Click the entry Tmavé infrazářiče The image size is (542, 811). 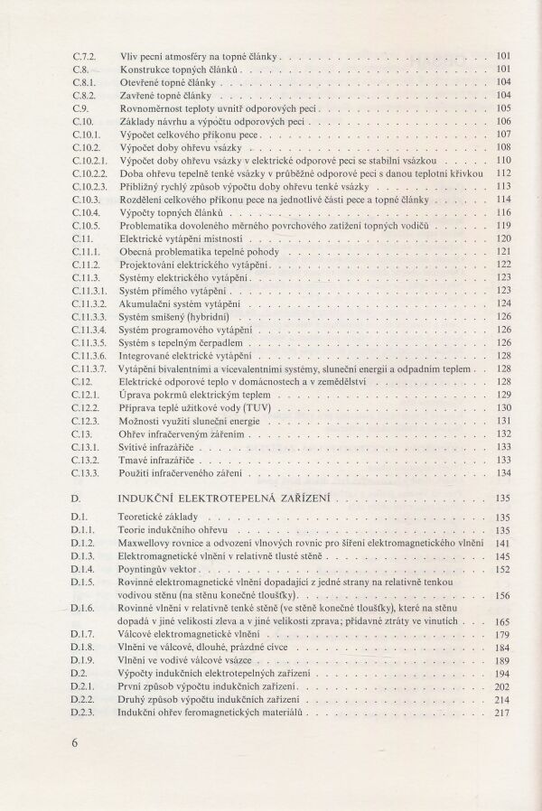(x=159, y=460)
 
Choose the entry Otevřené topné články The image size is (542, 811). (x=165, y=81)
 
